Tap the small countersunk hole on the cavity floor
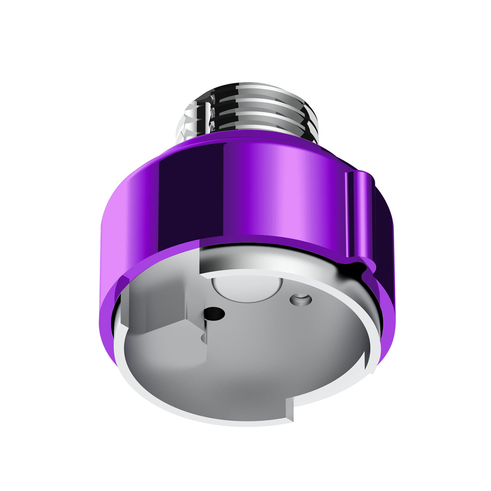[x=299, y=299]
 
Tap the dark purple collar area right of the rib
[x=385, y=229]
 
